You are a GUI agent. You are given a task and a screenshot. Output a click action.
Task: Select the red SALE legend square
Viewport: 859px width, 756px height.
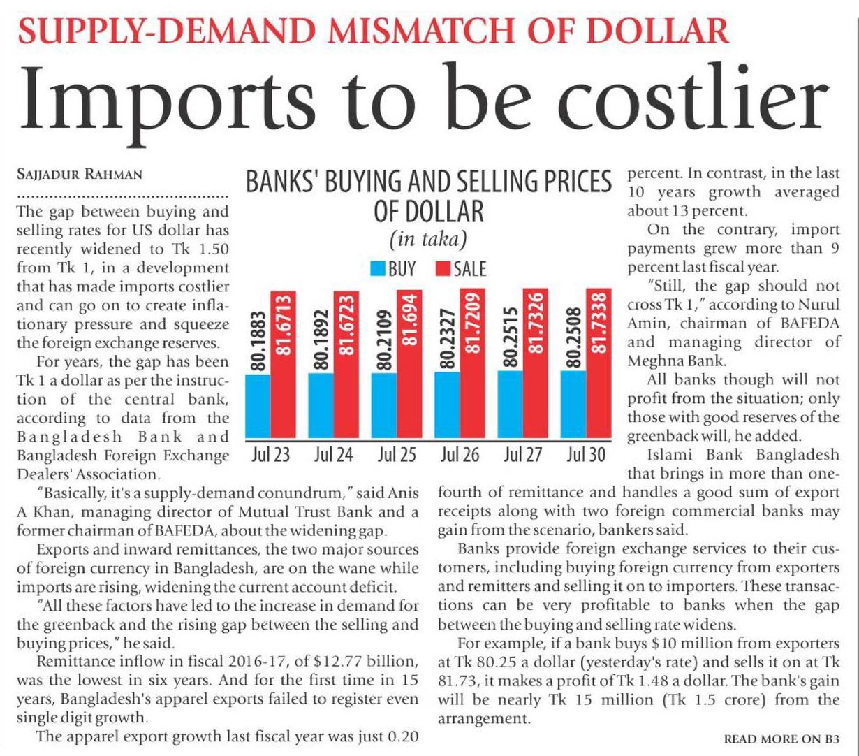pyautogui.click(x=441, y=269)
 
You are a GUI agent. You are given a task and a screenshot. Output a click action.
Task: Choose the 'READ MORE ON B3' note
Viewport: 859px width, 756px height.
pyautogui.click(x=781, y=739)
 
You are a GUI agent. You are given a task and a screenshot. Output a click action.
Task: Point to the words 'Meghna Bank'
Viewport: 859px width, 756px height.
pyautogui.click(x=668, y=361)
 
